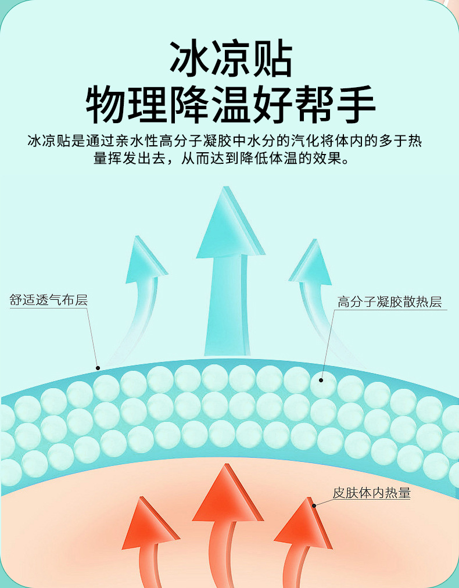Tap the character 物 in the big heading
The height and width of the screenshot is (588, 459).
pos(106,106)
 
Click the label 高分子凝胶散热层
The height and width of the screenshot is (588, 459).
pos(389,302)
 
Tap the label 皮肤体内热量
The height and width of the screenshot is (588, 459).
pos(371,493)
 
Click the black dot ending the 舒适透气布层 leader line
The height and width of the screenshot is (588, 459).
pos(98,367)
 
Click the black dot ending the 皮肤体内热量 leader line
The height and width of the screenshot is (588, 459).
pos(314,505)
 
